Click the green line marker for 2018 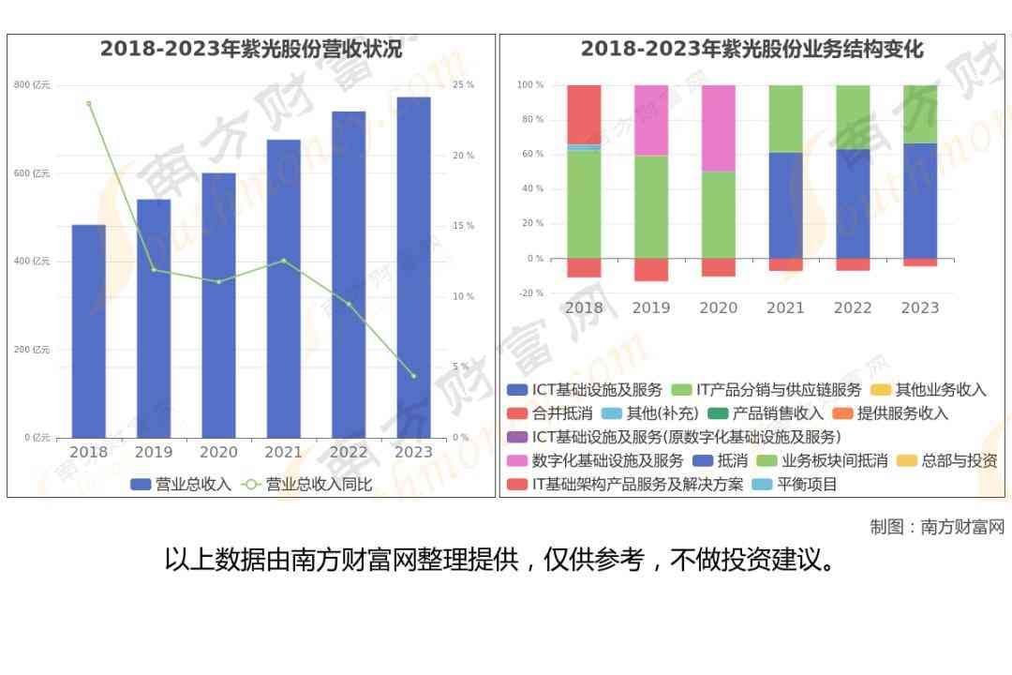click(x=89, y=104)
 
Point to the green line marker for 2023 click(x=413, y=376)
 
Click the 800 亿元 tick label click(x=32, y=85)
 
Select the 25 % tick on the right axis click(x=463, y=85)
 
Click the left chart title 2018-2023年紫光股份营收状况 click(x=251, y=50)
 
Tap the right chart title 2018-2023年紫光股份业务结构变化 click(x=752, y=50)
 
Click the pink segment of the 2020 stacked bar click(x=719, y=128)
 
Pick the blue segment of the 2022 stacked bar click(x=853, y=203)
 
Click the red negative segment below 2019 click(x=651, y=269)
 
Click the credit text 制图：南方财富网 click(x=937, y=527)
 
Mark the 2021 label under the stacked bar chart click(x=785, y=307)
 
